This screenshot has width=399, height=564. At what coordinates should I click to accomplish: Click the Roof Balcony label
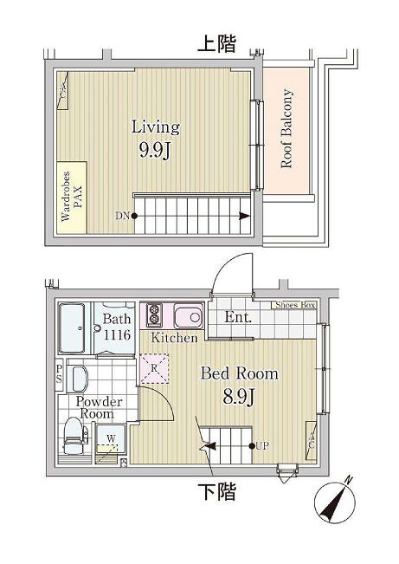pyautogui.click(x=286, y=129)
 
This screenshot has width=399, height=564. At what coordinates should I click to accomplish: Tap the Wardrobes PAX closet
pyautogui.click(x=72, y=198)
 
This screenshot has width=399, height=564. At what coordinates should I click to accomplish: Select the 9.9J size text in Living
pyautogui.click(x=155, y=150)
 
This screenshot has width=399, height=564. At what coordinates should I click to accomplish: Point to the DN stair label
pyautogui.click(x=122, y=216)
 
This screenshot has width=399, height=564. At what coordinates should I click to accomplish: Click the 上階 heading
pyautogui.click(x=217, y=44)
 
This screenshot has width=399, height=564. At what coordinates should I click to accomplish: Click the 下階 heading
pyautogui.click(x=217, y=492)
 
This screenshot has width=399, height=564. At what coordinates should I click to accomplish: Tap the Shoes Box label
pyautogui.click(x=295, y=305)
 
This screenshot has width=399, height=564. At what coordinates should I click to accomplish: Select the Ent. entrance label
pyautogui.click(x=238, y=317)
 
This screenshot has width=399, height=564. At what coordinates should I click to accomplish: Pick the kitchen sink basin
pyautogui.click(x=189, y=316)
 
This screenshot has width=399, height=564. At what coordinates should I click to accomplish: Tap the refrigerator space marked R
pyautogui.click(x=154, y=369)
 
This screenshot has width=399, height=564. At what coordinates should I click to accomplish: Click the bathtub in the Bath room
pyautogui.click(x=72, y=327)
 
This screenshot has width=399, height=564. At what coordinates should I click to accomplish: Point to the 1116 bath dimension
pyautogui.click(x=117, y=335)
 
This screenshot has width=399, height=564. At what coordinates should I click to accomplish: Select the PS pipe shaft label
pyautogui.click(x=60, y=375)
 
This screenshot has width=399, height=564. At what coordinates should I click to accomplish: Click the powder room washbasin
pyautogui.click(x=78, y=379)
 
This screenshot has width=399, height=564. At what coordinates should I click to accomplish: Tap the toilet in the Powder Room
pyautogui.click(x=74, y=435)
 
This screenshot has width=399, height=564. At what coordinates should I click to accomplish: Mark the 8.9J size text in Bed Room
pyautogui.click(x=239, y=397)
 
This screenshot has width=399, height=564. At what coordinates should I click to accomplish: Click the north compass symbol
pyautogui.click(x=335, y=501)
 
